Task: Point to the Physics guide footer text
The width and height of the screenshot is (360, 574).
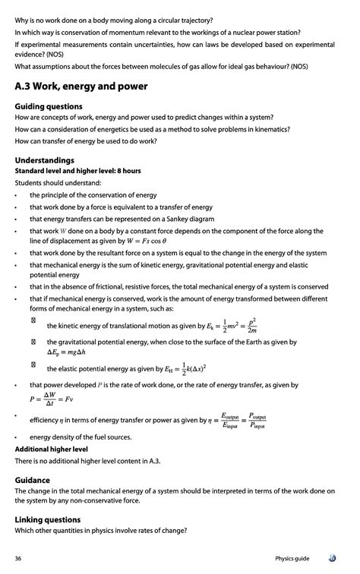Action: [x=292, y=558]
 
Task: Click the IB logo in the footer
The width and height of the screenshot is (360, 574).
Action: [x=331, y=558]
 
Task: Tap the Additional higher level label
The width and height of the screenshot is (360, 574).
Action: [x=52, y=449]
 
